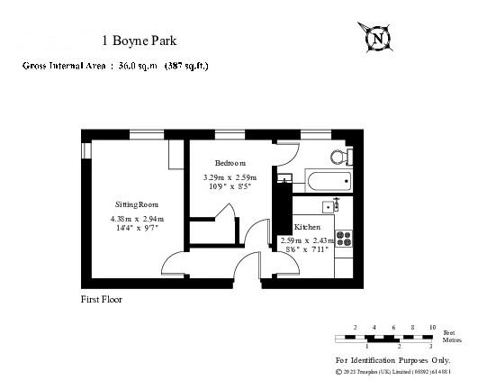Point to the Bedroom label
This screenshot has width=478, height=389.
230,163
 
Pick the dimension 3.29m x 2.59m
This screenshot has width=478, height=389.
230,177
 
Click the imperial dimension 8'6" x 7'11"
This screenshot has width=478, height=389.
306,249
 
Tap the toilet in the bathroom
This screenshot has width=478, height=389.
339,157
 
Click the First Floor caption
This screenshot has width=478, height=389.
101,299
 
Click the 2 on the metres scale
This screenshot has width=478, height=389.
398,346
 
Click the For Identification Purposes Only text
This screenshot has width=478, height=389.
392,359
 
